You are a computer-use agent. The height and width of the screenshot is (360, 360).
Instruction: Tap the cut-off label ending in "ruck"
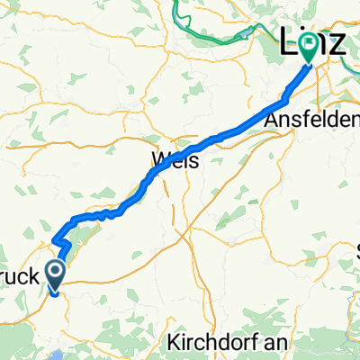(x=20, y=278)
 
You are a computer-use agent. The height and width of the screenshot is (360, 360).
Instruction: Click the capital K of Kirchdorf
(x=173, y=343)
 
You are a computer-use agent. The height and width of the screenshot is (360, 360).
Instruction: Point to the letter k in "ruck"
(x=36, y=278)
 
